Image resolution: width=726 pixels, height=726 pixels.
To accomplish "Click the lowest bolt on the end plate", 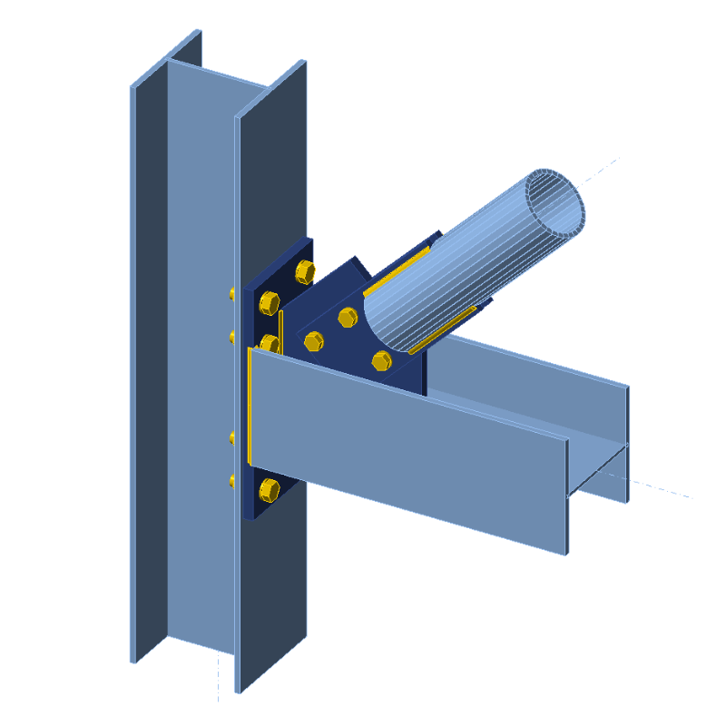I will click(x=269, y=489).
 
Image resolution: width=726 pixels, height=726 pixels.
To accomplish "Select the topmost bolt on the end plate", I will click(x=305, y=270).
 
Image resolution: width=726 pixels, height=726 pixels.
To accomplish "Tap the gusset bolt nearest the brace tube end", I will click(x=381, y=361).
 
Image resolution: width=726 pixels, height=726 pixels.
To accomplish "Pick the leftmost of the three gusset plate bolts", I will click(x=314, y=341).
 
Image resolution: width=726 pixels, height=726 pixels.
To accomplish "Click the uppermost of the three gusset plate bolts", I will click(x=348, y=317).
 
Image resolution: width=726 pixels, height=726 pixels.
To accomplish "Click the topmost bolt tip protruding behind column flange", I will click(x=231, y=293).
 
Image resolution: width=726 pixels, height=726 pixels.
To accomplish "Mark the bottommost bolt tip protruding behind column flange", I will click(x=231, y=479).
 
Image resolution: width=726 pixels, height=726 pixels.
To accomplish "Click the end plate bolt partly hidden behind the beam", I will click(x=269, y=344).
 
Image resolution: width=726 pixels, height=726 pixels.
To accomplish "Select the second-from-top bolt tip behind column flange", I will click(x=231, y=337).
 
